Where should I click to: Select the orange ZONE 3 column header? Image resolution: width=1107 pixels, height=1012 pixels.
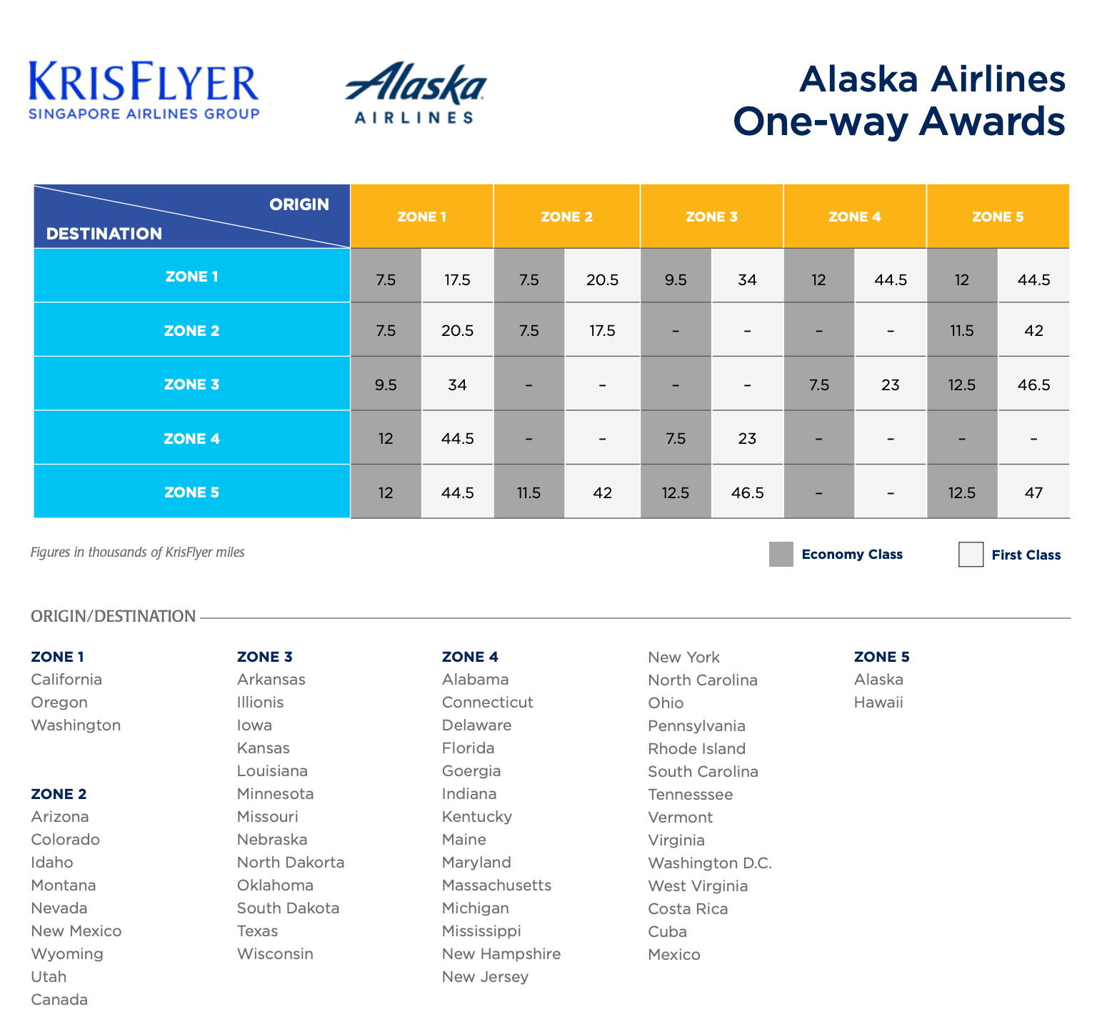pyautogui.click(x=711, y=217)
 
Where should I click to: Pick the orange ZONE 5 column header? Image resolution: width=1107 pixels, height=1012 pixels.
pyautogui.click(x=998, y=217)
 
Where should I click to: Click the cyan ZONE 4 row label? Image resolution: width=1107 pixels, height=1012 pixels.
pyautogui.click(x=191, y=438)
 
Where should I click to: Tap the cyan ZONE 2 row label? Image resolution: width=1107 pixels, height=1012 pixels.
pyautogui.click(x=191, y=330)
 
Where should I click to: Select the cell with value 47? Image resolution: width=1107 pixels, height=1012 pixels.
pyautogui.click(x=1033, y=492)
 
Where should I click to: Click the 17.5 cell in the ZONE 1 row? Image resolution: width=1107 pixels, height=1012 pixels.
pyautogui.click(x=457, y=279)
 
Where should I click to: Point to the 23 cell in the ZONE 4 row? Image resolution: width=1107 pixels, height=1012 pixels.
pyautogui.click(x=747, y=438)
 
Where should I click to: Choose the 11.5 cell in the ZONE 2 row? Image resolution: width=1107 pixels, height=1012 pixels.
pyautogui.click(x=962, y=330)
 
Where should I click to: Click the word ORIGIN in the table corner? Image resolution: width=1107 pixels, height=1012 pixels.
pyautogui.click(x=299, y=204)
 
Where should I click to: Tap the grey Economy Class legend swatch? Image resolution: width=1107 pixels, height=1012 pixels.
pyautogui.click(x=781, y=555)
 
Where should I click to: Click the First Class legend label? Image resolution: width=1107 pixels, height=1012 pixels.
pyautogui.click(x=1026, y=555)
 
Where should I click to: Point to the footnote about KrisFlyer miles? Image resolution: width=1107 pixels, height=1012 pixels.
pyautogui.click(x=138, y=552)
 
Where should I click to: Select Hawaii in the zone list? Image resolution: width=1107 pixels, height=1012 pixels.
pyautogui.click(x=878, y=703)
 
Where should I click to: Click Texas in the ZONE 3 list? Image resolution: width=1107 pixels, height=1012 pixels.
pyautogui.click(x=257, y=931)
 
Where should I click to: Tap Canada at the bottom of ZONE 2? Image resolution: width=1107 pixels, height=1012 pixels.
pyautogui.click(x=59, y=999)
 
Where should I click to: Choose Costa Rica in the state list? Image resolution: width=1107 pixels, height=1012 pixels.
pyautogui.click(x=688, y=909)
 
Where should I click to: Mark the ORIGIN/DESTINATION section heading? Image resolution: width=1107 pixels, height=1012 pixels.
pyautogui.click(x=113, y=616)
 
